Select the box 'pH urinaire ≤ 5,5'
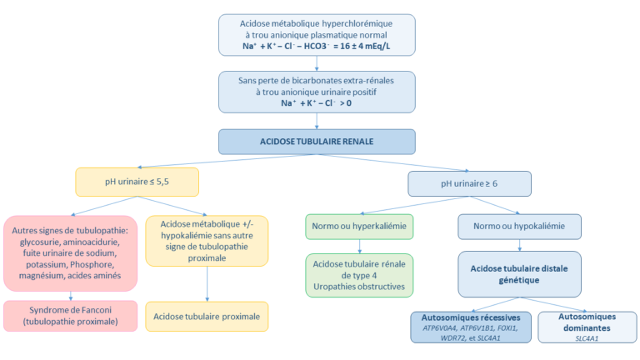[137, 181]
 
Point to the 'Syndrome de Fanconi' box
[70, 316]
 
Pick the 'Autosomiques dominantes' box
[587, 327]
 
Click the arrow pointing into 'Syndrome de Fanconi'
[70, 293]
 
